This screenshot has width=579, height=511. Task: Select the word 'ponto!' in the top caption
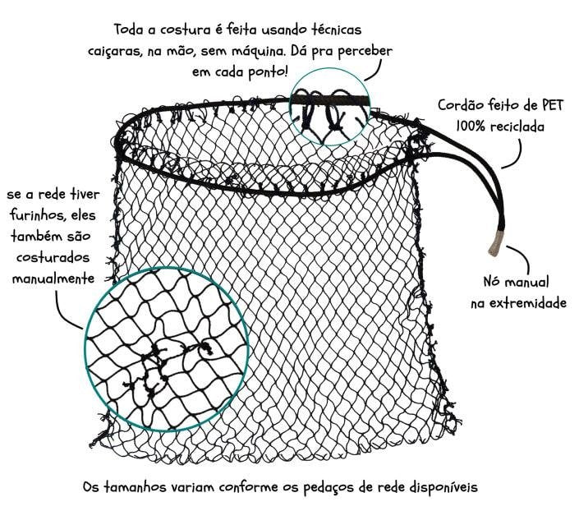268,72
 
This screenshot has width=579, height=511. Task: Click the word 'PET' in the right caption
553,106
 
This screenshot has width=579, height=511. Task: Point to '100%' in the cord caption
471,127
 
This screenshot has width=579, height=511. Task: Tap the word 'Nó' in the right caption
492,282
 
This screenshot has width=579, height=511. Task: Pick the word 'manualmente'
53,279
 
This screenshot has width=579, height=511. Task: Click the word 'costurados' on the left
53,257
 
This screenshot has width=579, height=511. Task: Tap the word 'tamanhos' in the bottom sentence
135,486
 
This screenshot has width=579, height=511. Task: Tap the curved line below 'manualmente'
62,314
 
